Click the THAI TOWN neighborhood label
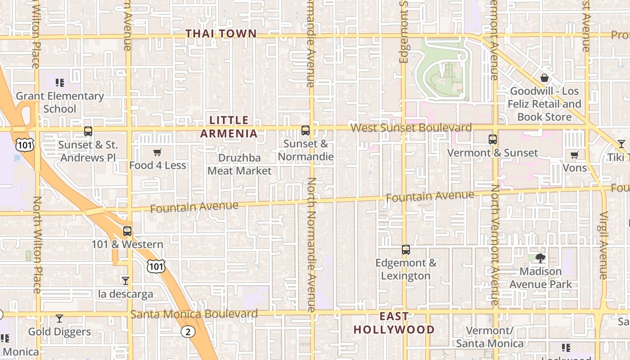pos(221,34)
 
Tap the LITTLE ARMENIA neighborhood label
pos(229,127)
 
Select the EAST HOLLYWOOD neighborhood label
pos(394,323)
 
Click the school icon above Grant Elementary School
pos(60,82)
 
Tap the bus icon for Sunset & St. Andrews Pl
pos(88,131)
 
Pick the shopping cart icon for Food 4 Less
pos(157,152)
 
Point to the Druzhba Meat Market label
pos(239,164)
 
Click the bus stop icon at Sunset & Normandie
pos(306,130)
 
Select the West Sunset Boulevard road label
pos(411,128)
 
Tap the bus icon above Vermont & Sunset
pos(493,139)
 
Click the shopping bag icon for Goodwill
pos(544,78)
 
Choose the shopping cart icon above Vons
pos(575,155)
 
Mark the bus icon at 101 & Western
pos(127,231)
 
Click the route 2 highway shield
pos(188,332)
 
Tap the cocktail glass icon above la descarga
pos(126,281)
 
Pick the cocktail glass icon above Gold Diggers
pos(59,319)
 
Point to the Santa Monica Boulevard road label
pos(194,314)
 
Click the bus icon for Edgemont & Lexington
pos(406,250)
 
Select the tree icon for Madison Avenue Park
pos(540,258)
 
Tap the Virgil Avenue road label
pos(604,245)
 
